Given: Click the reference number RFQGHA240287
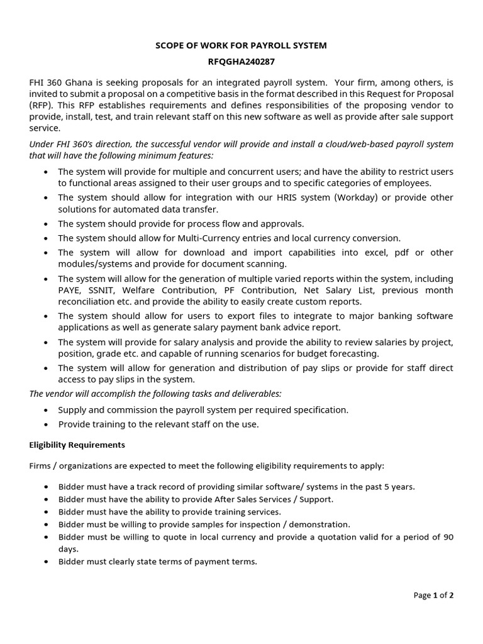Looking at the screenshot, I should (x=241, y=62).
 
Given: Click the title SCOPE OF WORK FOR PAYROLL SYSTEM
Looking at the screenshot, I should (x=241, y=46).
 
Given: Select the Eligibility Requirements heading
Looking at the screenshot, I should (x=77, y=445).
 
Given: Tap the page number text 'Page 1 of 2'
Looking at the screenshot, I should (x=433, y=595).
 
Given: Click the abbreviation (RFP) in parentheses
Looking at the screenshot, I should (x=41, y=106).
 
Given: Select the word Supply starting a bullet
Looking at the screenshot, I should (x=73, y=409).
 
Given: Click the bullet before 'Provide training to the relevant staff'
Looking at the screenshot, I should (x=47, y=425).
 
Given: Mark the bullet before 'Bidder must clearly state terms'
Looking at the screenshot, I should (x=47, y=562).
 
